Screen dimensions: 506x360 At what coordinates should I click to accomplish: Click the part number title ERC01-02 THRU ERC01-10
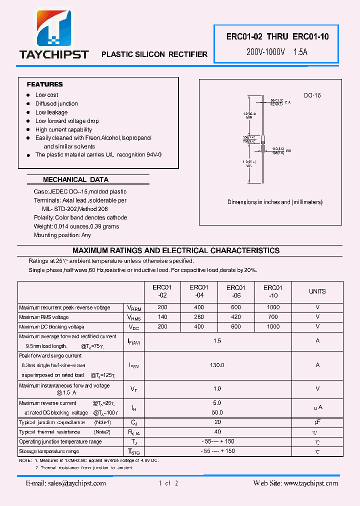click(x=277, y=36)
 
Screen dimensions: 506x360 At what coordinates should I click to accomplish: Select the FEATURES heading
click(x=44, y=84)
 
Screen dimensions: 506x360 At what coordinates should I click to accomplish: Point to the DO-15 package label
click(x=312, y=95)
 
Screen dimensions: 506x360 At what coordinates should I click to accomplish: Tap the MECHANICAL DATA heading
click(x=75, y=179)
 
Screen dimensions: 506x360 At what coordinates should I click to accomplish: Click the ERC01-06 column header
click(x=236, y=291)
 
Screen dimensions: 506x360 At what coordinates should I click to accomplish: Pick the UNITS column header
click(x=317, y=291)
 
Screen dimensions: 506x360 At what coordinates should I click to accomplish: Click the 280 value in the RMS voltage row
click(x=199, y=317)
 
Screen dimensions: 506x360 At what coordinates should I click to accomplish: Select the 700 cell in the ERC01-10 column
click(x=273, y=317)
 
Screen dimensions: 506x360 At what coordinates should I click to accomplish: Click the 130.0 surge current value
click(x=217, y=365)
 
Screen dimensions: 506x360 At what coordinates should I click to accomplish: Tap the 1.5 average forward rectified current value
click(x=217, y=340)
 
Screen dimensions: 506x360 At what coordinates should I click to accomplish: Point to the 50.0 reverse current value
click(x=217, y=412)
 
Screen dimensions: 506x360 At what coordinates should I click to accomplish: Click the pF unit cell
click(x=317, y=422)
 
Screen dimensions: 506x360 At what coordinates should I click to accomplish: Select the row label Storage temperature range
click(x=49, y=451)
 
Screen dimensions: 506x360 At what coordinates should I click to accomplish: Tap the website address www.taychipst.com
click(x=310, y=483)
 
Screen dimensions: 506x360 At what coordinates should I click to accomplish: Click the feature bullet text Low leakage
click(x=51, y=112)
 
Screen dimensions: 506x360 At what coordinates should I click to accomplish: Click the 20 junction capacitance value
click(x=217, y=422)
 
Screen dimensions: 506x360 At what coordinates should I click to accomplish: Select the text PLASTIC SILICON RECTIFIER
click(x=154, y=54)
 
